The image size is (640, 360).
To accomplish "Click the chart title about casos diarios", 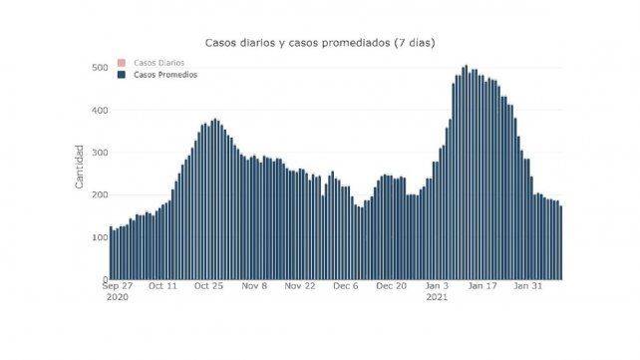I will tap(319, 43).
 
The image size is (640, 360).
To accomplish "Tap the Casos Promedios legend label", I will tap(165, 75).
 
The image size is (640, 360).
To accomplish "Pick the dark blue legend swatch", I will tap(122, 75).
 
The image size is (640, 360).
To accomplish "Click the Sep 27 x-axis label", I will tap(117, 285).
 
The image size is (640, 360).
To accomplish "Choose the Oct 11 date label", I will tap(162, 285).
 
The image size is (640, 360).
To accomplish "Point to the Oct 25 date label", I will tap(208, 285).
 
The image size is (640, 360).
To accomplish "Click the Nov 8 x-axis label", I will tap(255, 285).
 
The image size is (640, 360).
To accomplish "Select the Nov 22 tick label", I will tap(300, 285).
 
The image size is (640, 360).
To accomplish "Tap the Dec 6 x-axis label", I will tap(346, 285).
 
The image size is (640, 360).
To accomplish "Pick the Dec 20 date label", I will tap(392, 285).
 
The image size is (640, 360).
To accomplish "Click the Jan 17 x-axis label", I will tap(483, 285).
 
